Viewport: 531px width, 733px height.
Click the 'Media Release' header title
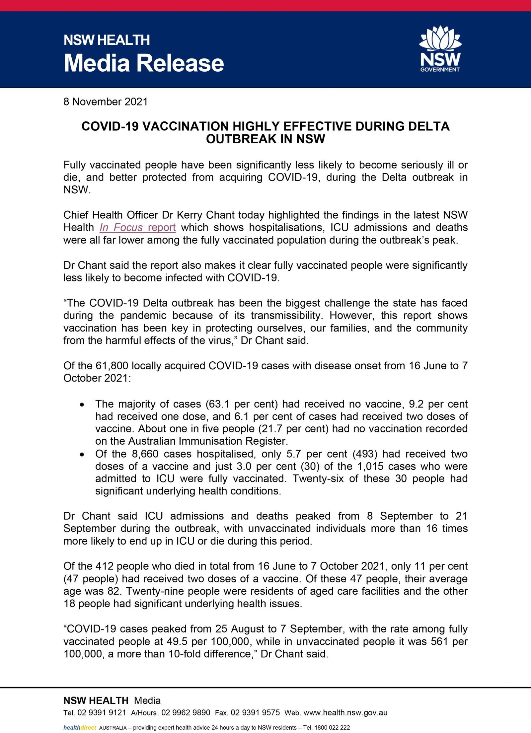coord(144,63)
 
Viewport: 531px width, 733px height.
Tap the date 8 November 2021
coord(106,102)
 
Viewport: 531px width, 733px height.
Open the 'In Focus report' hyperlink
coord(137,228)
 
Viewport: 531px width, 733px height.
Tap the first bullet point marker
coord(82,404)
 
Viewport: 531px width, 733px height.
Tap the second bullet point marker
coord(82,454)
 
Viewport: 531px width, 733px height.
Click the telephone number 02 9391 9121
coord(102,713)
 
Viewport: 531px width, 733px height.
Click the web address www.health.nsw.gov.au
coord(345,713)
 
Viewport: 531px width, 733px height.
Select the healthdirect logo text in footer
coord(80,728)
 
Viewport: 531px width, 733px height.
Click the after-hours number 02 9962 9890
coord(186,713)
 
